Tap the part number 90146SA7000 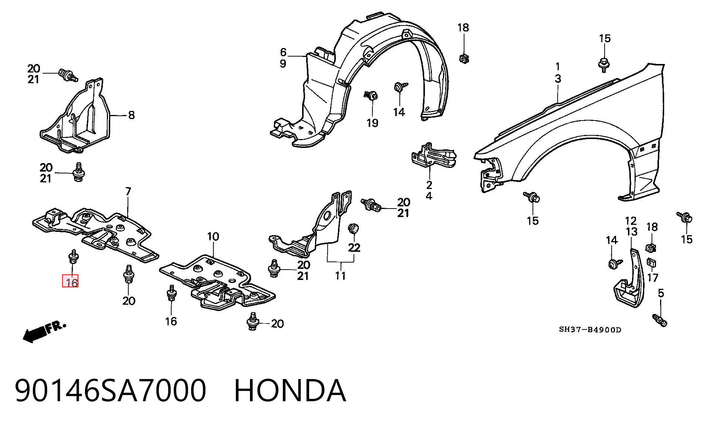(x=110, y=390)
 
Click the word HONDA (x=290, y=390)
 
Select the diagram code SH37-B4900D (x=590, y=329)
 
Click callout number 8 (x=131, y=115)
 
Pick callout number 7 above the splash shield (x=128, y=192)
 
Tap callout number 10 (x=213, y=236)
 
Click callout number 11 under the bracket (x=340, y=275)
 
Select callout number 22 (x=354, y=247)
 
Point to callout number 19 (x=372, y=123)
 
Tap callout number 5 (x=661, y=293)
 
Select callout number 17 (x=653, y=277)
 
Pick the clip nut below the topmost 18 (x=463, y=58)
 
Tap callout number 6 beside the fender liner (x=283, y=52)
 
